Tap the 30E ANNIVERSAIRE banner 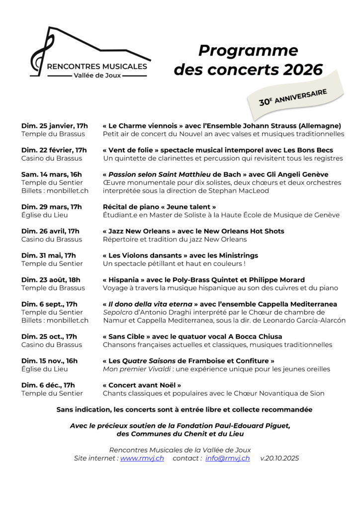click(x=293, y=97)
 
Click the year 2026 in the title click(x=303, y=70)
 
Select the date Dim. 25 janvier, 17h click(x=54, y=126)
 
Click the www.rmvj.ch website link click(x=142, y=458)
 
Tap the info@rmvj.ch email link click(x=227, y=458)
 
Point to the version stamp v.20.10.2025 click(x=279, y=458)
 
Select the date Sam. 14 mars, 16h click(x=51, y=174)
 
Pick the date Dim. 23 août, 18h click(x=51, y=280)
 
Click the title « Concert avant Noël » click(x=142, y=385)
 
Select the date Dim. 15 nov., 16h click(x=49, y=361)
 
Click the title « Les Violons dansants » click(x=142, y=255)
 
